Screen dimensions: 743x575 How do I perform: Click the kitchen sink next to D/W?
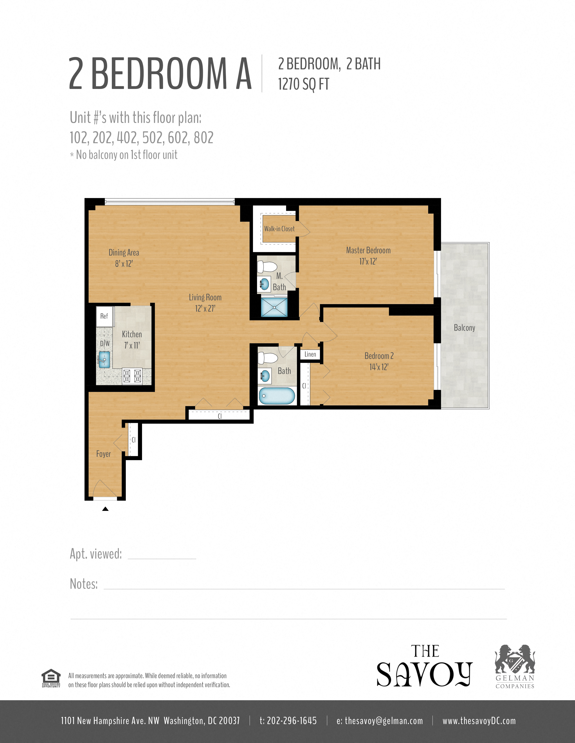(104, 360)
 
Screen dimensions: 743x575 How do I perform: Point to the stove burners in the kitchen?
(132, 376)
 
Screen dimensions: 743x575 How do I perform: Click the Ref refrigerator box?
(104, 316)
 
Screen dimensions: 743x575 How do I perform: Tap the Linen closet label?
(310, 354)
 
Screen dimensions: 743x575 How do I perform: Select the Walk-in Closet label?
(279, 229)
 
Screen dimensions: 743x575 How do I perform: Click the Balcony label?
(464, 328)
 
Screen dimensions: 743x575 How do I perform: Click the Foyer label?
(103, 454)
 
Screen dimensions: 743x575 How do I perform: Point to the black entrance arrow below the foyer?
(105, 509)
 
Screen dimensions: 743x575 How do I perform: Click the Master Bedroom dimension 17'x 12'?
(368, 261)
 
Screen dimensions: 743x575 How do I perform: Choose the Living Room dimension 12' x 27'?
(205, 308)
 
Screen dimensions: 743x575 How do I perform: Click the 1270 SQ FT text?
(304, 84)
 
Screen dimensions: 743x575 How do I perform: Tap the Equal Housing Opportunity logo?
(51, 678)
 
